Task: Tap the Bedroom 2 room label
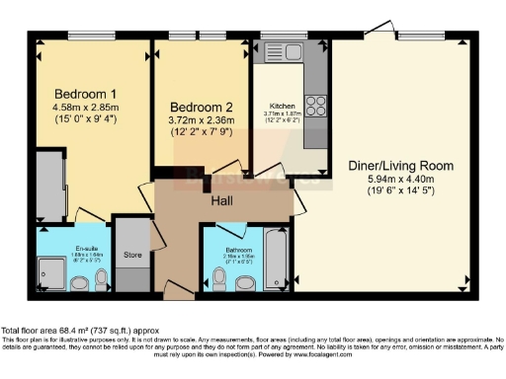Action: click(201, 107)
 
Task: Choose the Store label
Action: click(132, 256)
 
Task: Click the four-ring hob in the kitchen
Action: click(316, 105)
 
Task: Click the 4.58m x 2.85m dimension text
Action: click(85, 109)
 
